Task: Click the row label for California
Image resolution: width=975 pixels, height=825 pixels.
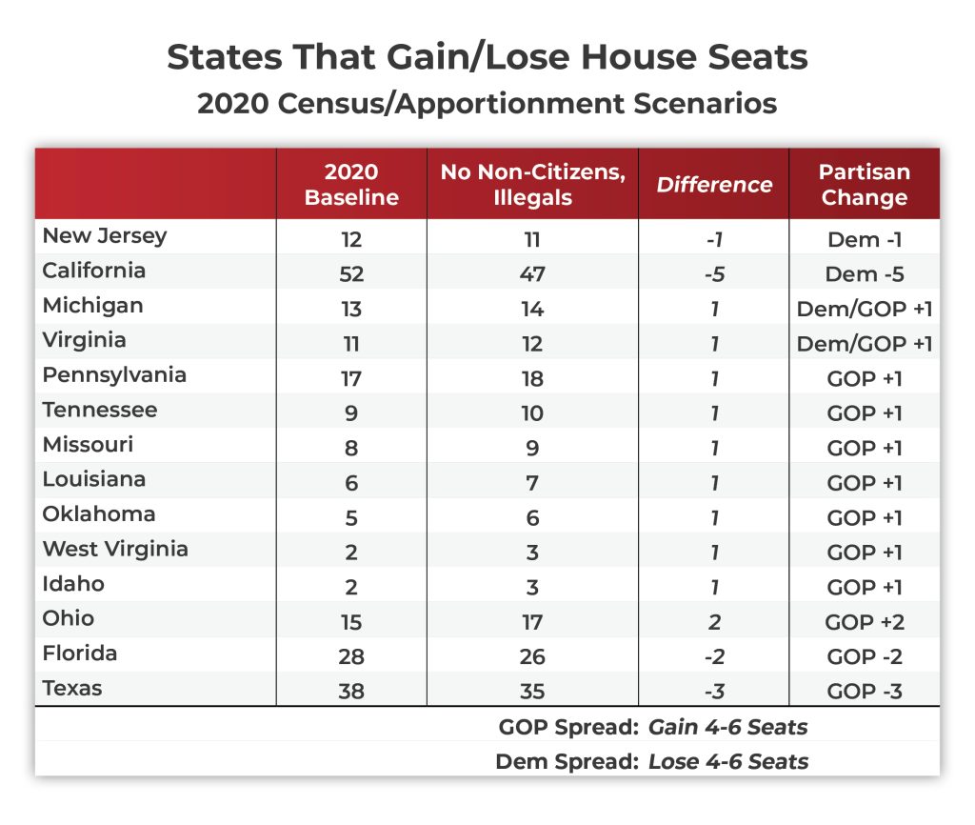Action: click(x=94, y=272)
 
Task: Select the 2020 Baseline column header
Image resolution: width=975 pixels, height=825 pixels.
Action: click(x=351, y=185)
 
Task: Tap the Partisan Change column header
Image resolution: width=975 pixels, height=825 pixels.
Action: click(x=865, y=185)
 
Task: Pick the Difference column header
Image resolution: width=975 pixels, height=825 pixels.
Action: click(x=713, y=185)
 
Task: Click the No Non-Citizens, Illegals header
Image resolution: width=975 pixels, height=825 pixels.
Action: click(x=532, y=185)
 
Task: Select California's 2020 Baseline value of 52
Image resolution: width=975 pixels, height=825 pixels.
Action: click(x=351, y=274)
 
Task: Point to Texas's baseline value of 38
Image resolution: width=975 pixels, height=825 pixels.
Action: click(x=351, y=692)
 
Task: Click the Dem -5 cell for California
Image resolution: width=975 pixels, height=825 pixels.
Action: click(x=865, y=274)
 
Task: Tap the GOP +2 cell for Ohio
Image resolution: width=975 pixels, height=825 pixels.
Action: click(x=865, y=622)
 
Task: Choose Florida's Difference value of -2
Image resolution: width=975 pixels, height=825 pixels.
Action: click(x=713, y=657)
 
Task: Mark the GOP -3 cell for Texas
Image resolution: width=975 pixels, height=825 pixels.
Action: click(x=865, y=692)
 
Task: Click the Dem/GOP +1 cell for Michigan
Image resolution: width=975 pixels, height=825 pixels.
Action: click(x=865, y=309)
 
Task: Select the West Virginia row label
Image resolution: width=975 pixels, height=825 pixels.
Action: click(x=115, y=550)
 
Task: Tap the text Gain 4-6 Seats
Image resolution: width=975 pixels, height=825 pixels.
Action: click(x=728, y=728)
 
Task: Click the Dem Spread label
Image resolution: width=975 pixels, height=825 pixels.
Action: click(x=567, y=762)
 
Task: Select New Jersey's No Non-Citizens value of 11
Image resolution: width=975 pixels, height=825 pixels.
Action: click(x=532, y=239)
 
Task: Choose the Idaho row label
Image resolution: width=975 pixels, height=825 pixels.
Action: click(x=73, y=584)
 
